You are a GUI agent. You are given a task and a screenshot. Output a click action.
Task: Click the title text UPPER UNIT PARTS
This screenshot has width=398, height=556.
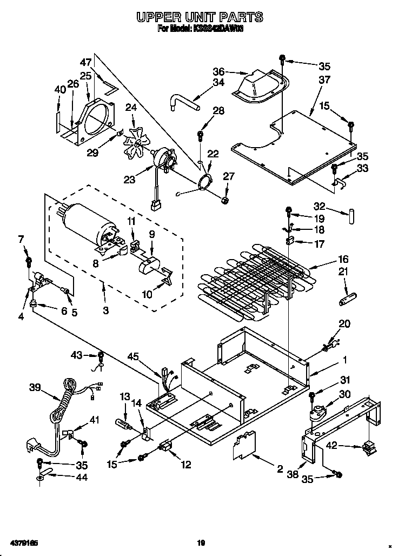pos(200,17)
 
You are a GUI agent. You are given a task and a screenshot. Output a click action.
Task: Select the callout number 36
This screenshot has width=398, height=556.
pos(218,71)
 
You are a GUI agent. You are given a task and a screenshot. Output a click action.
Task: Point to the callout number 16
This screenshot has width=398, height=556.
pos(343,259)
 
